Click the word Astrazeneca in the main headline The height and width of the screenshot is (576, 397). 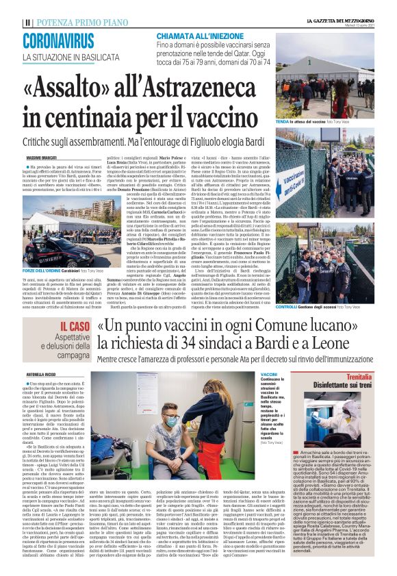pyautogui.click(x=205, y=87)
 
